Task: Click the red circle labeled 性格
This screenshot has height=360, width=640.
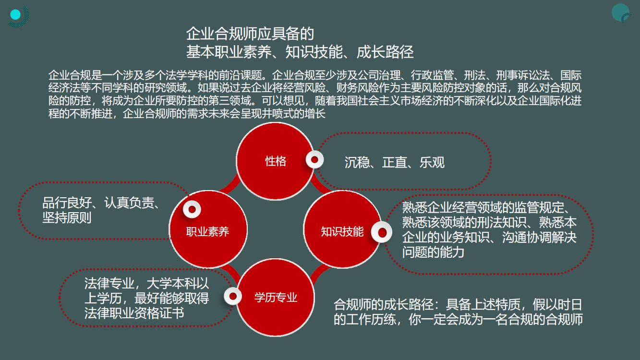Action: click(x=276, y=161)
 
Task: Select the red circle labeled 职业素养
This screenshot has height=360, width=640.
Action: click(x=208, y=229)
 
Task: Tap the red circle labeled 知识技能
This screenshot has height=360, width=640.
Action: click(x=342, y=229)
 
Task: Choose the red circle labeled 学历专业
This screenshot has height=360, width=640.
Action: click(x=276, y=298)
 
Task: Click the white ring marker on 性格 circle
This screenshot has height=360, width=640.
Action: click(x=314, y=160)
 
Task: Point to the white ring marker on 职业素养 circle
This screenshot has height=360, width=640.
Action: click(x=192, y=209)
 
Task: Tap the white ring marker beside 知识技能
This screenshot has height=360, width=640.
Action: click(x=382, y=232)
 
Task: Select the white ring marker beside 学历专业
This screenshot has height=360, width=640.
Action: click(x=233, y=296)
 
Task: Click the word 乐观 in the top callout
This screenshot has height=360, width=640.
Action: click(x=432, y=162)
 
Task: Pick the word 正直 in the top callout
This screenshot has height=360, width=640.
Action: click(x=395, y=162)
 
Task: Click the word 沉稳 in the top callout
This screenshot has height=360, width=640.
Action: click(x=357, y=162)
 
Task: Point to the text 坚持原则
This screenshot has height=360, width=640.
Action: click(x=67, y=218)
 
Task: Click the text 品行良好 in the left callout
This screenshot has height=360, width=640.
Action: click(x=67, y=203)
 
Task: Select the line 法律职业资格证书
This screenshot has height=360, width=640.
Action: click(x=134, y=313)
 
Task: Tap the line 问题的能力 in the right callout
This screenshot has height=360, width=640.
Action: click(x=433, y=252)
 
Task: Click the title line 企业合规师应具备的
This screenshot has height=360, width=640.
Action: click(x=250, y=34)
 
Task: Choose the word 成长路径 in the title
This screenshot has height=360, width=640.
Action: click(x=385, y=52)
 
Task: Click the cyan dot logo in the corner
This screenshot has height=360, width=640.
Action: click(x=15, y=14)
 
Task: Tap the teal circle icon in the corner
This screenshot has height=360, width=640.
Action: click(x=621, y=12)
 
